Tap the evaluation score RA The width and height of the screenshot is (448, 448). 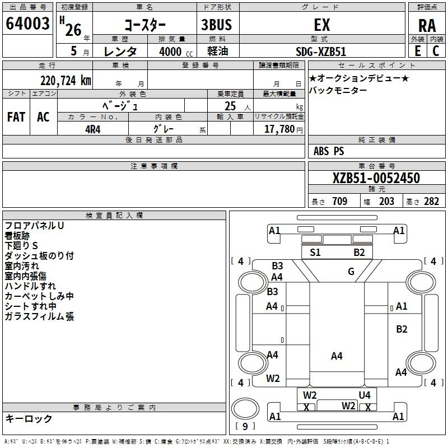(427, 25)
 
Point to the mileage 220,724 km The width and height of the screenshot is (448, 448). (66, 80)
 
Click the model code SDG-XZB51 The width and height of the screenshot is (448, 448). (321, 51)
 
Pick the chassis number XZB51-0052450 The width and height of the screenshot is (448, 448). (376, 178)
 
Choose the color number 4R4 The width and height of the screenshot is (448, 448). (93, 128)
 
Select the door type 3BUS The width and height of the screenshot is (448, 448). (217, 25)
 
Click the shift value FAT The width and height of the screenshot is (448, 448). (16, 116)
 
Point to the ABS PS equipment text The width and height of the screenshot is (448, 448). (329, 151)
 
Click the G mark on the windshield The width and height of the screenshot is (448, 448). (351, 272)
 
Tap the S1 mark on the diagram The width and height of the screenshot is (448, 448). (315, 253)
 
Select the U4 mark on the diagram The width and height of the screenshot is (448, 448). (365, 395)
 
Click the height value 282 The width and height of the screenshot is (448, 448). (431, 202)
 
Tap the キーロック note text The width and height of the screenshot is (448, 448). (29, 418)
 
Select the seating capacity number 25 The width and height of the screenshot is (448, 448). (230, 106)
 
